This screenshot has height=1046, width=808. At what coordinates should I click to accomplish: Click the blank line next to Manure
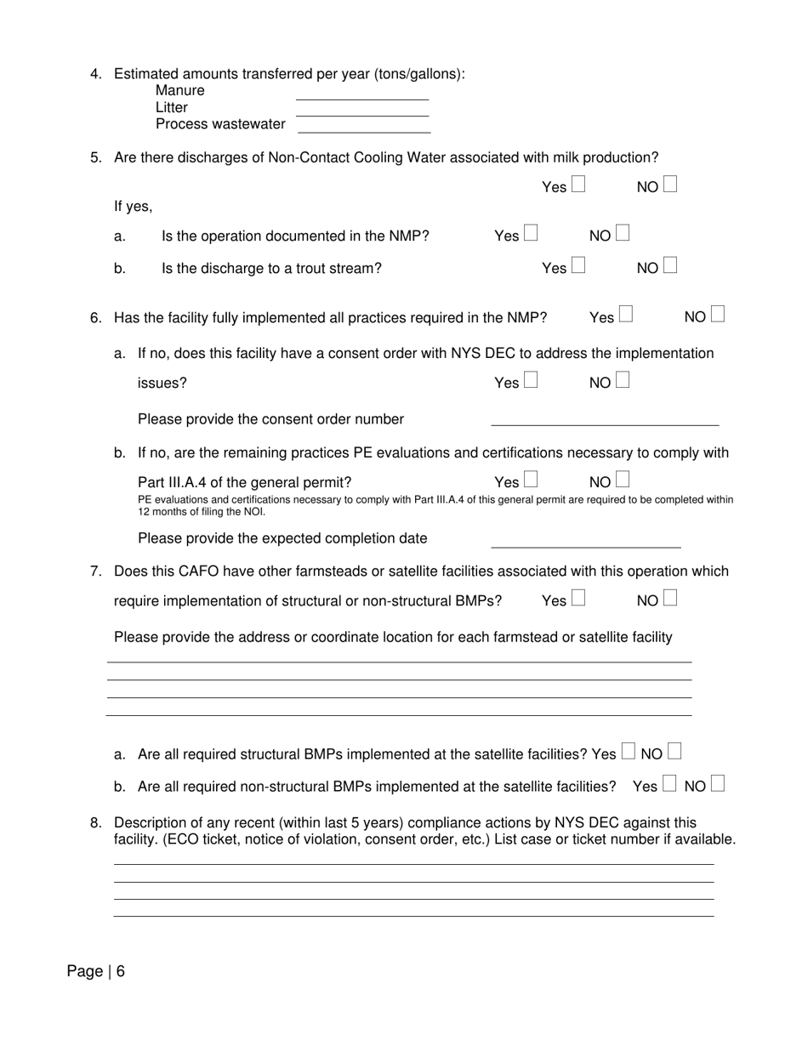[x=362, y=95]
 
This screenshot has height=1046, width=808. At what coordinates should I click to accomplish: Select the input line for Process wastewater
[x=364, y=128]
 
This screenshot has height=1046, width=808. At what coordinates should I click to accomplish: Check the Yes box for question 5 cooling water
[x=578, y=184]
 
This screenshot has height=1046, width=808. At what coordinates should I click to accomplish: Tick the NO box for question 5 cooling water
[x=670, y=184]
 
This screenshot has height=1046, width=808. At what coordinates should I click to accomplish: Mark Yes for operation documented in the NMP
[x=531, y=232]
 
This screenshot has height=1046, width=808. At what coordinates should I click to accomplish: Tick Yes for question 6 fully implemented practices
[x=626, y=315]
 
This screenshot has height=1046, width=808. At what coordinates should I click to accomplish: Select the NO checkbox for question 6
[x=718, y=315]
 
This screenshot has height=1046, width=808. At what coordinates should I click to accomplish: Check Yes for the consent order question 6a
[x=531, y=380]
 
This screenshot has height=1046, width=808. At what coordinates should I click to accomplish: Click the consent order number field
[x=605, y=420]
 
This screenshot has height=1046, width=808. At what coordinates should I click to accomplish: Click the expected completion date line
[x=586, y=543]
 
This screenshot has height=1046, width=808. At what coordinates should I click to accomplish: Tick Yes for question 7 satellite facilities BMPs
[x=578, y=599]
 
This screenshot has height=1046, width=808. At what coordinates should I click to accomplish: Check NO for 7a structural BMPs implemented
[x=674, y=751]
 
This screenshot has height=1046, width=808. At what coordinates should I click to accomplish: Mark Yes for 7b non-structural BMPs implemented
[x=669, y=784]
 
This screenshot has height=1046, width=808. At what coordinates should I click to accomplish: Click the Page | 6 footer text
[x=96, y=971]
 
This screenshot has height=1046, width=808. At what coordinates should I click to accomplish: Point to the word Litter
[x=172, y=107]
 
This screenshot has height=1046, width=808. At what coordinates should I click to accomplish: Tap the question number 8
[x=95, y=822]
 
